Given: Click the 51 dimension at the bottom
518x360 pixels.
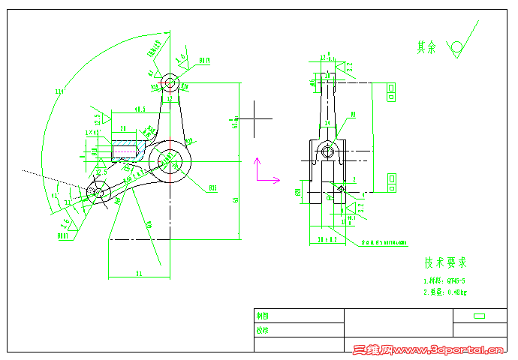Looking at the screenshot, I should point(139,274).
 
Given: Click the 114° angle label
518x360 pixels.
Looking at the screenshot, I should point(59,92).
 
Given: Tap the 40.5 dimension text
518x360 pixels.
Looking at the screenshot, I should point(140,109).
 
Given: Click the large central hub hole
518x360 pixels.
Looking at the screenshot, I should point(170,159).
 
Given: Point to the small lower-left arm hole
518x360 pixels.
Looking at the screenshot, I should point(97,192).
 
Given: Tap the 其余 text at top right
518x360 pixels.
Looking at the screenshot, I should point(426,46).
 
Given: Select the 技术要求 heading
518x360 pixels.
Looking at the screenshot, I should point(446,262).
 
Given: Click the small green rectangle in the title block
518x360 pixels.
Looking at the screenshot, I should point(478,316).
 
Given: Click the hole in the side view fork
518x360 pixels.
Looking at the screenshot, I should point(327,151).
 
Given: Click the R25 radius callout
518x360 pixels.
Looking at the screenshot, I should point(212,187).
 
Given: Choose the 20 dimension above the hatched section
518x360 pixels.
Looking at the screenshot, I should point(122,127).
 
